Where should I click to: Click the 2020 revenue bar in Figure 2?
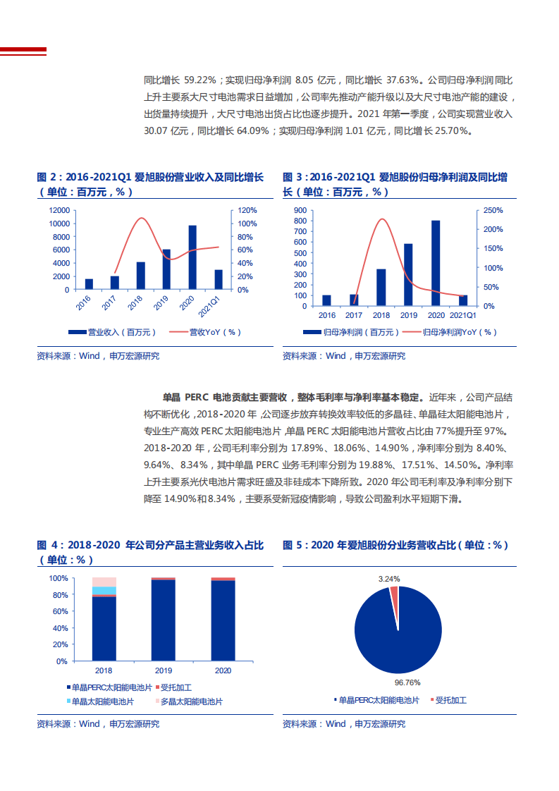tap(192, 257)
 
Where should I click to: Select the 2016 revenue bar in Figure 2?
tap(89, 284)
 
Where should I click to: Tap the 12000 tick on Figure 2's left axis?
tap(59, 210)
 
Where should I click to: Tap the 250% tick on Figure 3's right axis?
tap(491, 210)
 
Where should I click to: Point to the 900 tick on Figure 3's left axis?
tap(300, 210)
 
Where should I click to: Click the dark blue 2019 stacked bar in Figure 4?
tap(164, 620)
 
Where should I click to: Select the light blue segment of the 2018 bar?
tap(104, 591)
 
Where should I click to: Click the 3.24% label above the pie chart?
tap(389, 579)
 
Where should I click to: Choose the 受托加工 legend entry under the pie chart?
tap(450, 700)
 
